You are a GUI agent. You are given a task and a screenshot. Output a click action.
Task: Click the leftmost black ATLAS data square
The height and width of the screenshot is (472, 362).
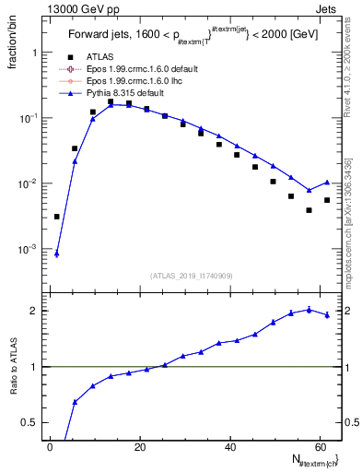(56, 217)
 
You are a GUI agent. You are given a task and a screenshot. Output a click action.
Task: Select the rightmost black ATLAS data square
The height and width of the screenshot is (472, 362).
(327, 200)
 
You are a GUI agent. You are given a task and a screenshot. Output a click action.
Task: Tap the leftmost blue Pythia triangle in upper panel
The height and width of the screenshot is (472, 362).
(56, 254)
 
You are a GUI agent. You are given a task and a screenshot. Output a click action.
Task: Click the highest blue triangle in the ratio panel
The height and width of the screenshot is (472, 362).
(309, 309)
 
